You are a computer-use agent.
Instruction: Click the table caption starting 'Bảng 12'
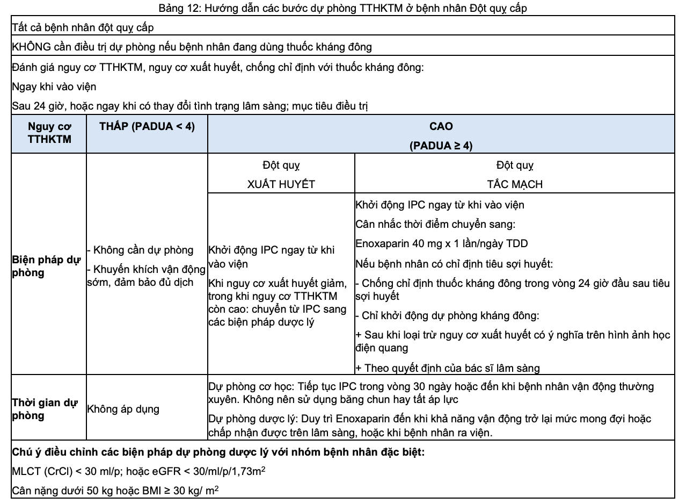(x=342, y=8)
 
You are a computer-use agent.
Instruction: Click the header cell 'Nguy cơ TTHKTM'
(x=49, y=133)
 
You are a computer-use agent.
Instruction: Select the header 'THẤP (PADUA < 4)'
(x=147, y=127)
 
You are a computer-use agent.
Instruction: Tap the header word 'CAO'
(x=441, y=127)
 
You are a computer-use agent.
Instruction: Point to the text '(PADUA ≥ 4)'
(x=441, y=146)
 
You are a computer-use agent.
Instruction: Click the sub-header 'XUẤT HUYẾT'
(x=281, y=184)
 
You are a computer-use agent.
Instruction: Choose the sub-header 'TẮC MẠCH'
(x=514, y=184)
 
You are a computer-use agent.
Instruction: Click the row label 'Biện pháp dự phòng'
(x=46, y=266)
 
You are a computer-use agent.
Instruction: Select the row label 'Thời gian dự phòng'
(x=45, y=409)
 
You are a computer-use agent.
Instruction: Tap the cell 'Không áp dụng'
(x=123, y=409)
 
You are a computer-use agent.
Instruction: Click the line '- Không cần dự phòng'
(x=140, y=250)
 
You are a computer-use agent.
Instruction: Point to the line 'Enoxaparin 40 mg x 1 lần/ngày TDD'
(x=441, y=243)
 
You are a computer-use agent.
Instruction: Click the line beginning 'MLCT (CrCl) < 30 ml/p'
(x=139, y=471)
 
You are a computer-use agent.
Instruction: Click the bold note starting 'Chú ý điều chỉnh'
(x=218, y=452)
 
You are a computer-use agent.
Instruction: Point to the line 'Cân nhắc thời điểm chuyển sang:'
(x=435, y=224)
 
